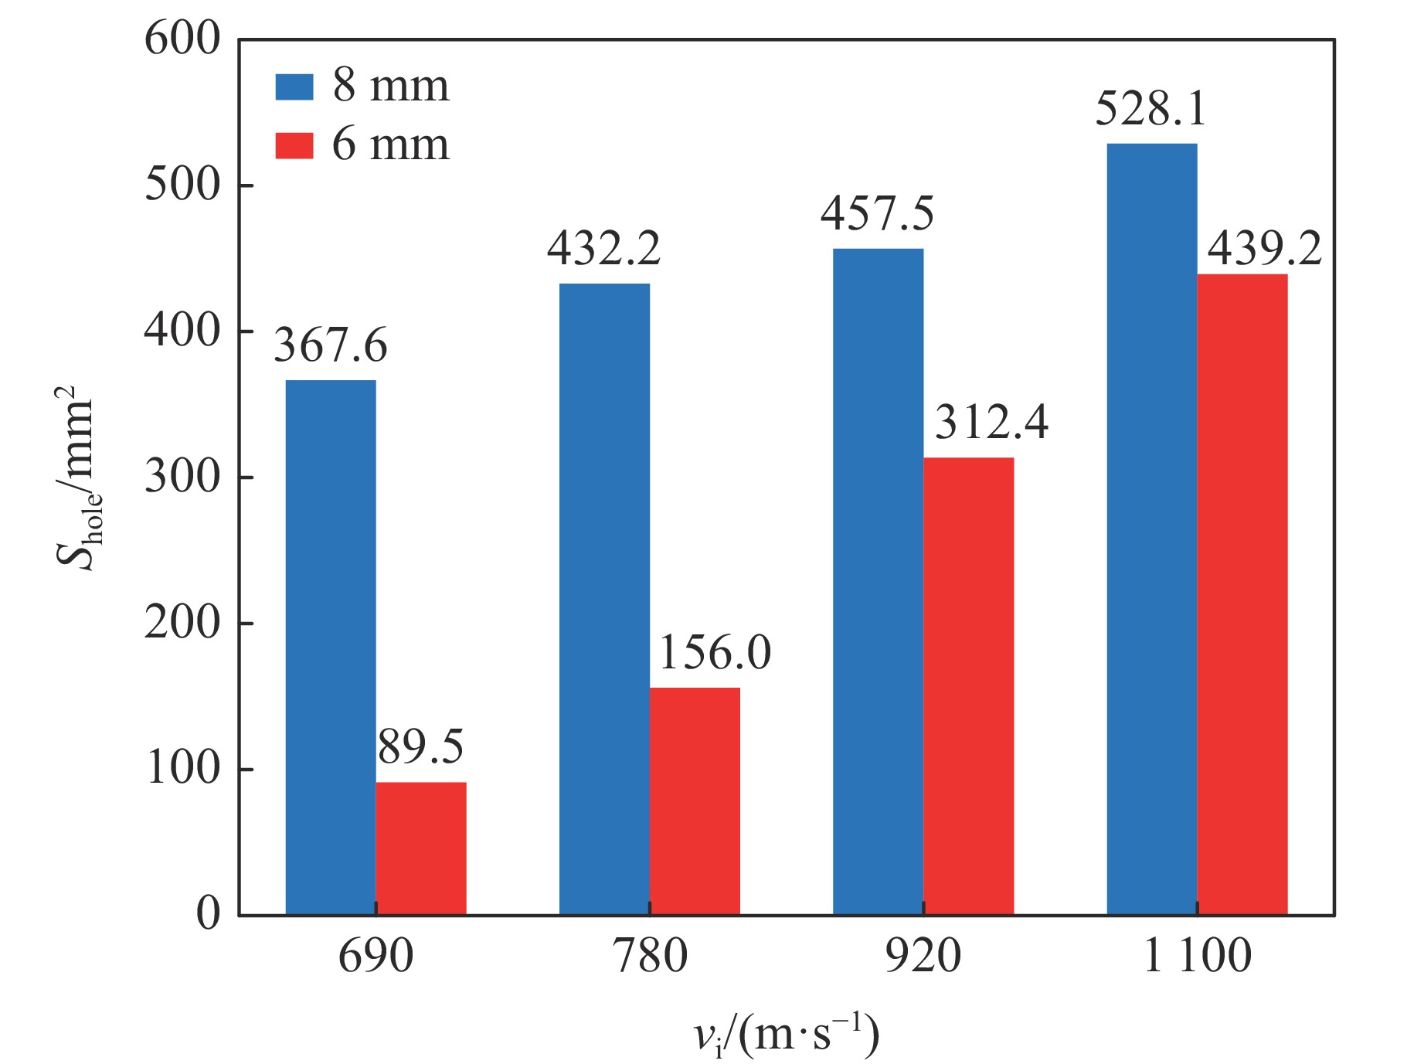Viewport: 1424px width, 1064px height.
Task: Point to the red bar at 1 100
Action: pyautogui.click(x=1242, y=594)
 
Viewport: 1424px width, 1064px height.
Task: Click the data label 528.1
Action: pyautogui.click(x=1150, y=109)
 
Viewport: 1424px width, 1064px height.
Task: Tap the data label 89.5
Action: pyautogui.click(x=421, y=747)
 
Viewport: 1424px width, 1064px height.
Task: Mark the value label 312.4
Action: pyautogui.click(x=991, y=423)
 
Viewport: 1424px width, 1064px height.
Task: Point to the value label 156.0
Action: pyautogui.click(x=715, y=653)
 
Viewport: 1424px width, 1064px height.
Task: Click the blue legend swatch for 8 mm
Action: pyautogui.click(x=294, y=87)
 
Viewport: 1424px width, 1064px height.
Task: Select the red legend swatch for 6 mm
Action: pyautogui.click(x=294, y=145)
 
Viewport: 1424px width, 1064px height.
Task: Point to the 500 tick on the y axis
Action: pyautogui.click(x=182, y=185)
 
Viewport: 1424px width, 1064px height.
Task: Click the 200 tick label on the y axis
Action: pyautogui.click(x=182, y=623)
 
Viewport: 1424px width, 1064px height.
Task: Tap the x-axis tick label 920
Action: pyautogui.click(x=923, y=955)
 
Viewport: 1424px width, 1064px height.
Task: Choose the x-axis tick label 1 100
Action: pyautogui.click(x=1196, y=955)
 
